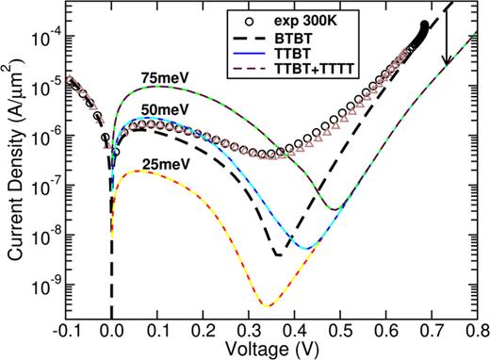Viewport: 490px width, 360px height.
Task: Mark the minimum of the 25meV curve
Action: point(318,305)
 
